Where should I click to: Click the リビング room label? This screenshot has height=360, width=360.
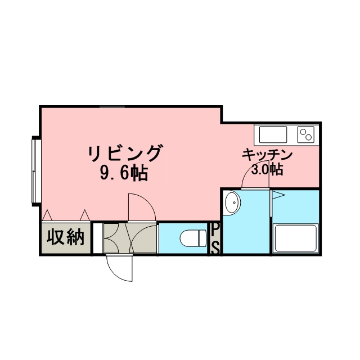point(124,153)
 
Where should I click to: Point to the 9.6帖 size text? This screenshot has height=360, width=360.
point(124,173)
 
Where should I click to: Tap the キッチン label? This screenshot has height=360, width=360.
point(267,155)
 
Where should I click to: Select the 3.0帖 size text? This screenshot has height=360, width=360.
point(267,169)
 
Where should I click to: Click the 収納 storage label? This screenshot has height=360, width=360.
point(65,237)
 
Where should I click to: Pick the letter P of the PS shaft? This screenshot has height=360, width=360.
point(215,230)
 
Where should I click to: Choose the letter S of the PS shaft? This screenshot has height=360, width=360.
point(215,247)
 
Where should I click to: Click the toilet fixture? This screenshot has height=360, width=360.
point(193,238)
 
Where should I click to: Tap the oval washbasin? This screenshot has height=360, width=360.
point(232,202)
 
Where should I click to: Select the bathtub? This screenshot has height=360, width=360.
point(295,238)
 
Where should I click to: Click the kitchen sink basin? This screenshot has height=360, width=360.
point(273,134)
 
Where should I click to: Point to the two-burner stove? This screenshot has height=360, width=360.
point(306,134)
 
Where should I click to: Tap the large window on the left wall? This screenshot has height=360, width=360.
point(34,171)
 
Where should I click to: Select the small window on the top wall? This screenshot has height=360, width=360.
point(112,106)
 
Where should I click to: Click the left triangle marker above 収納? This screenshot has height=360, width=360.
point(47,215)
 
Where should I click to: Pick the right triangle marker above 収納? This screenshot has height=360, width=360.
point(85,215)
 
